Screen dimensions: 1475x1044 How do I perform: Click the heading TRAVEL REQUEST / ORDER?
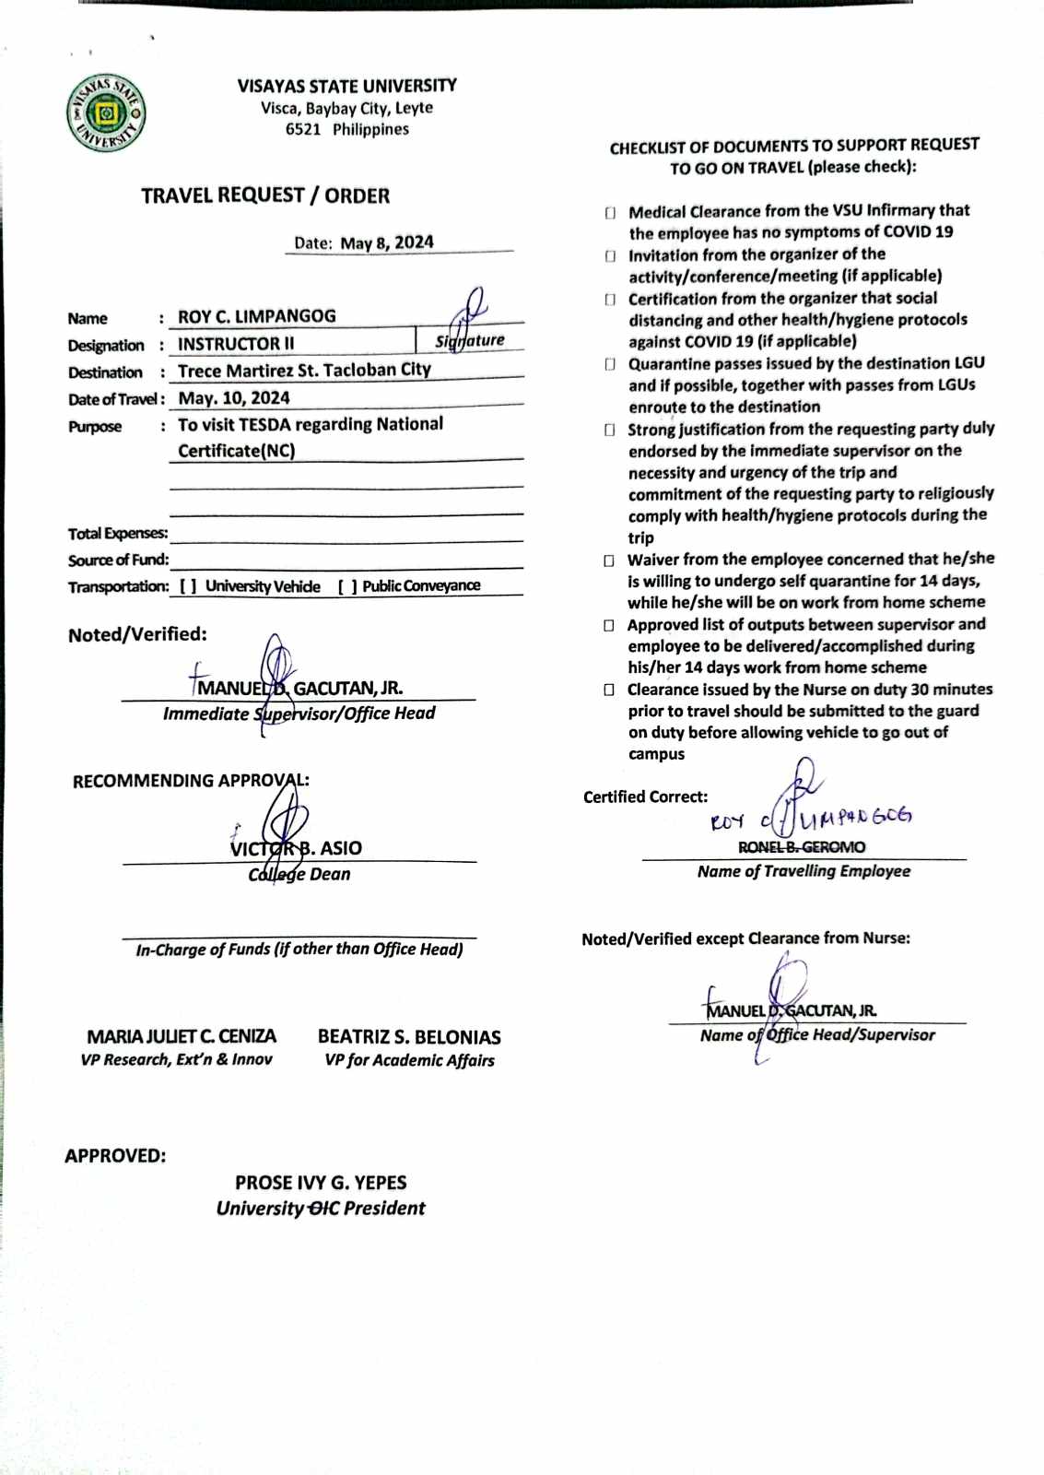tap(265, 195)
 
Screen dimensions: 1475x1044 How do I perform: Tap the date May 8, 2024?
tap(387, 242)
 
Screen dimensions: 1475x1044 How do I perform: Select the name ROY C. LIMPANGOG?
tap(257, 316)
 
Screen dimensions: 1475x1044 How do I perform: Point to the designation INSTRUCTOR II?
tap(236, 344)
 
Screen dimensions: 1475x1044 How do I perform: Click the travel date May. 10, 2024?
tap(234, 398)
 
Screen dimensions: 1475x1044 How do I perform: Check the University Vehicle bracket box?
tap(188, 586)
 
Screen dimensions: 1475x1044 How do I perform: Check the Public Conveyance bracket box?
tap(347, 586)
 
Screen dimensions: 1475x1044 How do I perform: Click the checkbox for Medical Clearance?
tap(610, 213)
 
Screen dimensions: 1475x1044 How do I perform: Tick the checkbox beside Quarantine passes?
tap(610, 365)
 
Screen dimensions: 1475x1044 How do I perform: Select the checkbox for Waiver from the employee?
tap(609, 560)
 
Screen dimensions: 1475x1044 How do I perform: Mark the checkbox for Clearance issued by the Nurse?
tap(609, 690)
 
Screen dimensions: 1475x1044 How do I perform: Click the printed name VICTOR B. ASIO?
tap(296, 848)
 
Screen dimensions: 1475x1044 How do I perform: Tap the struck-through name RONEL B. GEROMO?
tap(802, 847)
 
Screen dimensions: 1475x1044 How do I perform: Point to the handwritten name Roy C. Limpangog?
tap(811, 818)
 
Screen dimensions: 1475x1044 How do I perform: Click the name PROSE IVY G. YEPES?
tap(321, 1183)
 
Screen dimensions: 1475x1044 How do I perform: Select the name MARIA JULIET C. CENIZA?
tap(182, 1037)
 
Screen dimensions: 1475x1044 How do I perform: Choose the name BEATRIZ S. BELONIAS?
tap(409, 1037)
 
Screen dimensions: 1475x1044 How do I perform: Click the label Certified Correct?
tap(645, 797)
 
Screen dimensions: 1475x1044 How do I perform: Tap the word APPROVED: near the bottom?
tap(115, 1156)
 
